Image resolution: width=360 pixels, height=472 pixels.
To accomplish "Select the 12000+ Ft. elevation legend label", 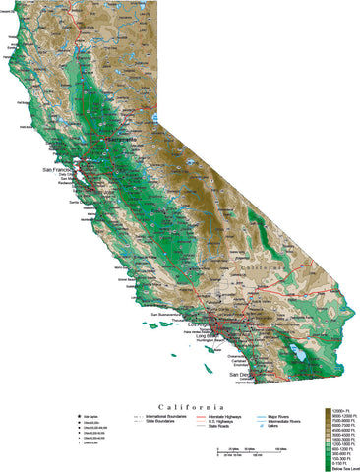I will (341, 408).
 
